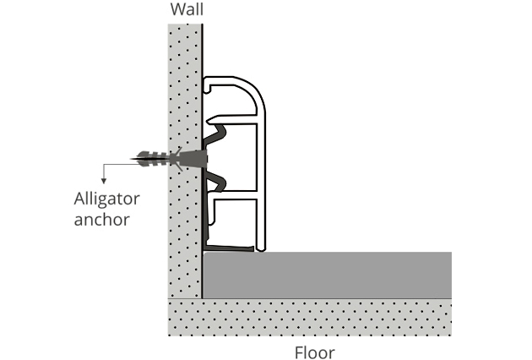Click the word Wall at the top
[x=187, y=11]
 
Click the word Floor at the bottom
[x=314, y=352]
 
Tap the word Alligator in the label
[x=106, y=199]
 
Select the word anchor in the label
[x=100, y=221]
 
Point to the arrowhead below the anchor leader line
[x=104, y=178]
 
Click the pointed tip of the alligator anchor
[x=134, y=157]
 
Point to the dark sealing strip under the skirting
[x=230, y=248]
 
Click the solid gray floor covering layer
[x=329, y=275]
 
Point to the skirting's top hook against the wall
[x=208, y=84]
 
